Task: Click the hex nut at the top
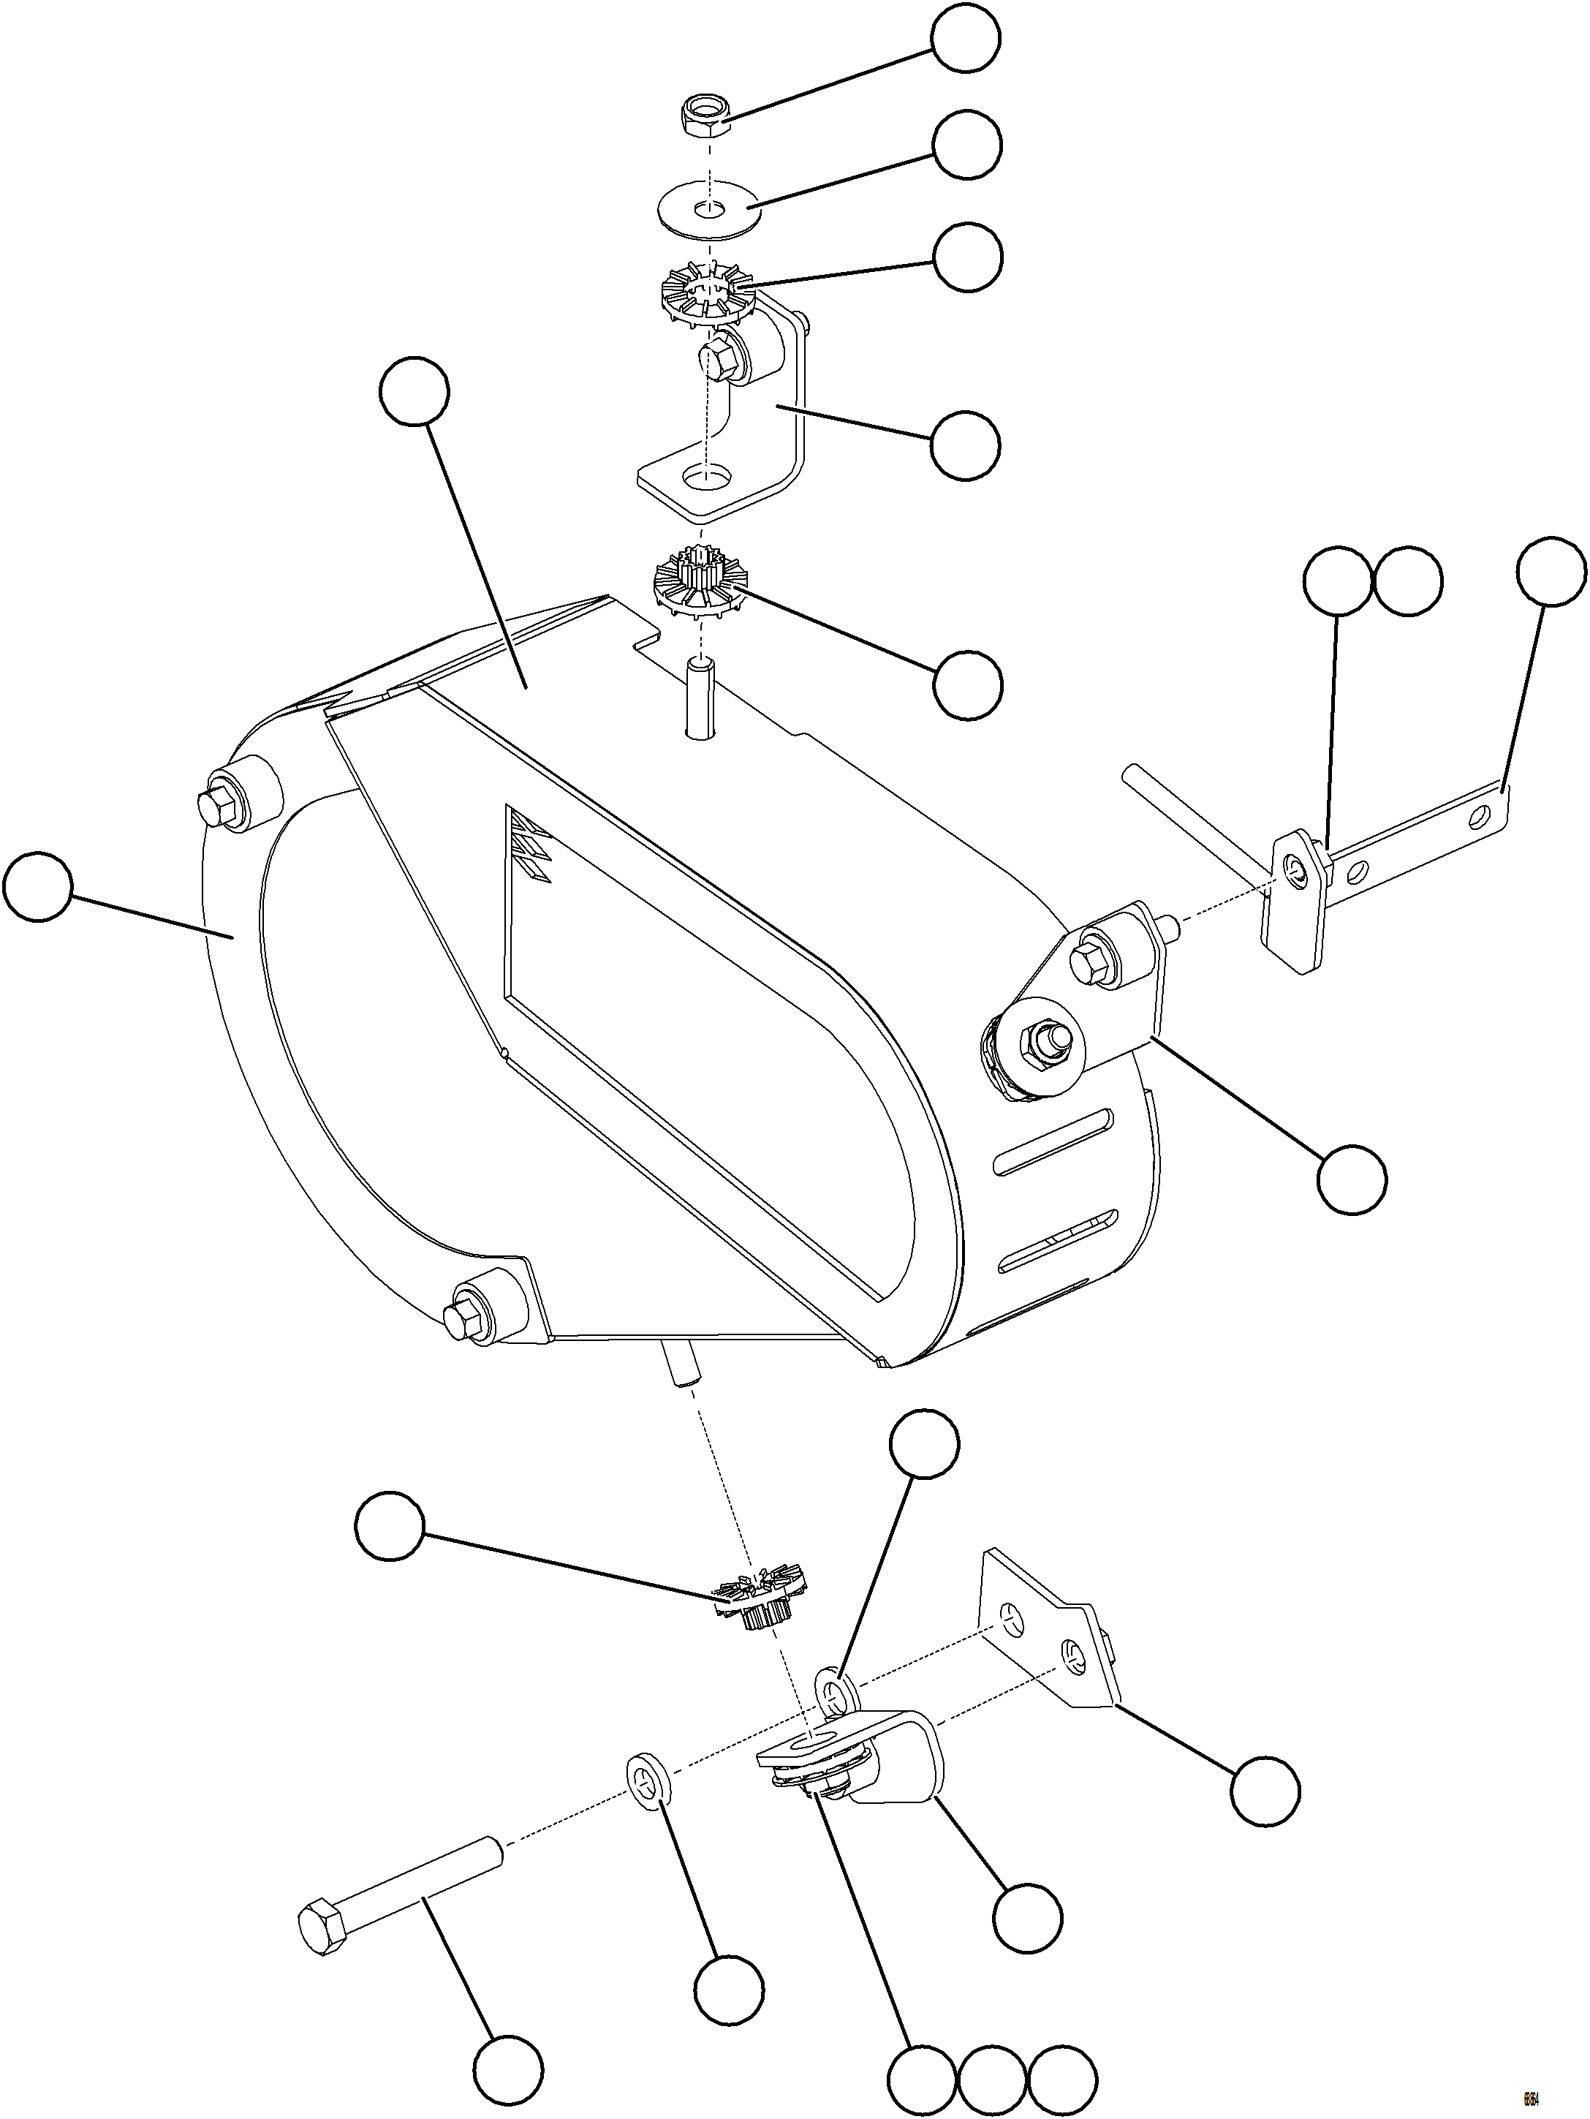706,118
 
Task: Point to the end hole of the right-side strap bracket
1482,815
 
